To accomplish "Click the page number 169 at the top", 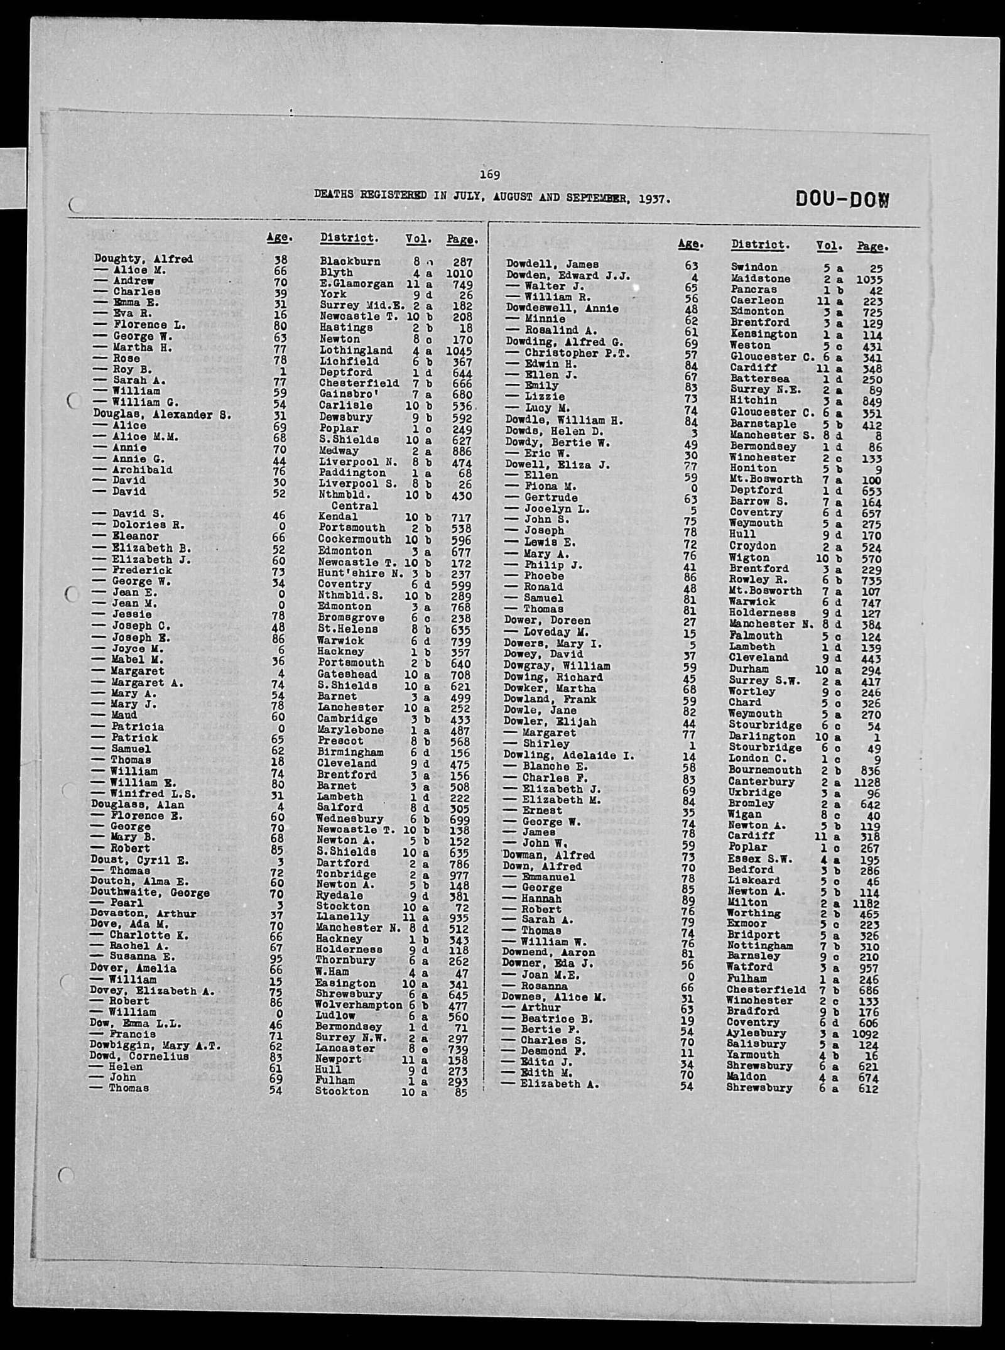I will click(489, 175).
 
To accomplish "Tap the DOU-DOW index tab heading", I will click(842, 200).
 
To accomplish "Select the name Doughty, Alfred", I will click(143, 259).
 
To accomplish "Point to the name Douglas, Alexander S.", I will click(162, 415).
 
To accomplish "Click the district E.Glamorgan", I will click(356, 284).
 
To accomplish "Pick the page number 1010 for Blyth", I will click(460, 273).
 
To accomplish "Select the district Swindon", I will click(754, 267).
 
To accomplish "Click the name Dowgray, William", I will click(557, 666).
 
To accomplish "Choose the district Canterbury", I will click(761, 782).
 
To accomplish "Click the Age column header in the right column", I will click(690, 244).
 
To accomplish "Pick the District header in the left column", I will click(349, 238).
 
